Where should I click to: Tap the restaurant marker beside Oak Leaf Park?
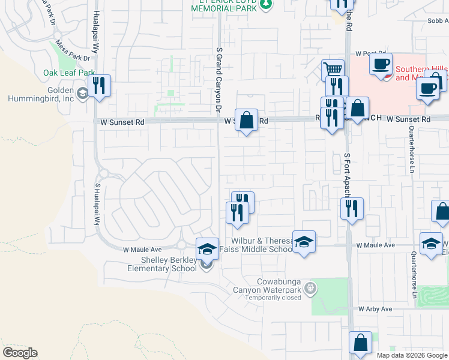[x=99, y=85]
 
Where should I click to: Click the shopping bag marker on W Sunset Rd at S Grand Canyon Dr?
[x=246, y=119]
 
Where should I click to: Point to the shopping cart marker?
[x=332, y=69]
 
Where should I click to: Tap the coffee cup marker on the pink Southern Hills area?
[x=381, y=64]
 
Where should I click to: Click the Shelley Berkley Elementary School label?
[x=160, y=264]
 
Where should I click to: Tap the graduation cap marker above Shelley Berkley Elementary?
[x=207, y=248]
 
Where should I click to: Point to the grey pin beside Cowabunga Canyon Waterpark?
[x=310, y=289]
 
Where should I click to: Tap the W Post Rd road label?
[x=369, y=54]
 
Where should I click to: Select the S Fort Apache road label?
[x=346, y=174]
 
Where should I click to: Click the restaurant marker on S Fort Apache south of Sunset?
[x=351, y=208]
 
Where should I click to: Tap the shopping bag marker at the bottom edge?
[x=360, y=343]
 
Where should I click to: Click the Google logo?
[x=20, y=353]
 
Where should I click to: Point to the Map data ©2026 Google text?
[x=412, y=355]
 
